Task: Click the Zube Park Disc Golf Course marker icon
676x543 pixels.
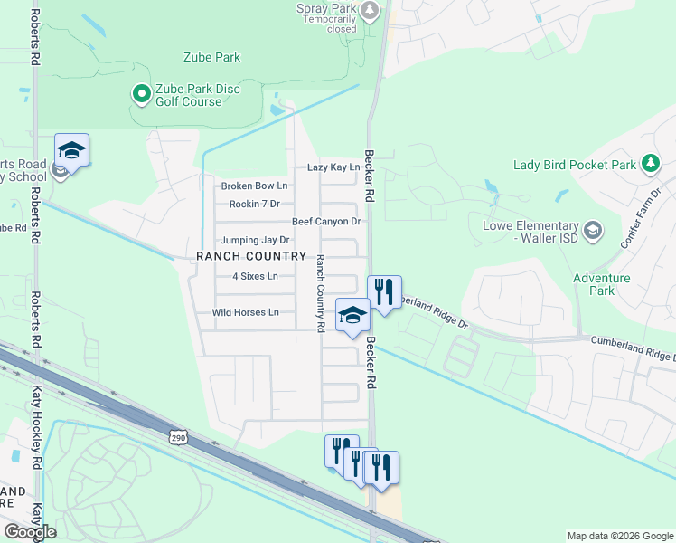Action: pyautogui.click(x=141, y=93)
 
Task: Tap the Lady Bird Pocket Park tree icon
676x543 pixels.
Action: pyautogui.click(x=649, y=164)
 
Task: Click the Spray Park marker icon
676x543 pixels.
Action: pyautogui.click(x=369, y=11)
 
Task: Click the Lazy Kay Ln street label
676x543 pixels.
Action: pyautogui.click(x=333, y=167)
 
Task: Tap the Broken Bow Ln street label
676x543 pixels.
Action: pyautogui.click(x=254, y=186)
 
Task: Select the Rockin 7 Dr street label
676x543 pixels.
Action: pyautogui.click(x=255, y=205)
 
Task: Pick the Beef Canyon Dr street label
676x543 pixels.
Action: pyautogui.click(x=326, y=222)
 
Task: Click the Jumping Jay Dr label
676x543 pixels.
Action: pyautogui.click(x=254, y=240)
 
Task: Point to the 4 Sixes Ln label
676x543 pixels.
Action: pyautogui.click(x=255, y=276)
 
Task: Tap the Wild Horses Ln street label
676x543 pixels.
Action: pyautogui.click(x=245, y=312)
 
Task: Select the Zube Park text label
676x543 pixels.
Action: pyautogui.click(x=212, y=57)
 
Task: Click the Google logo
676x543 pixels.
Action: pyautogui.click(x=30, y=532)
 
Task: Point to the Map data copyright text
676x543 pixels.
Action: pyautogui.click(x=619, y=536)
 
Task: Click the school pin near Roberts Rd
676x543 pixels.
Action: pyautogui.click(x=71, y=151)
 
